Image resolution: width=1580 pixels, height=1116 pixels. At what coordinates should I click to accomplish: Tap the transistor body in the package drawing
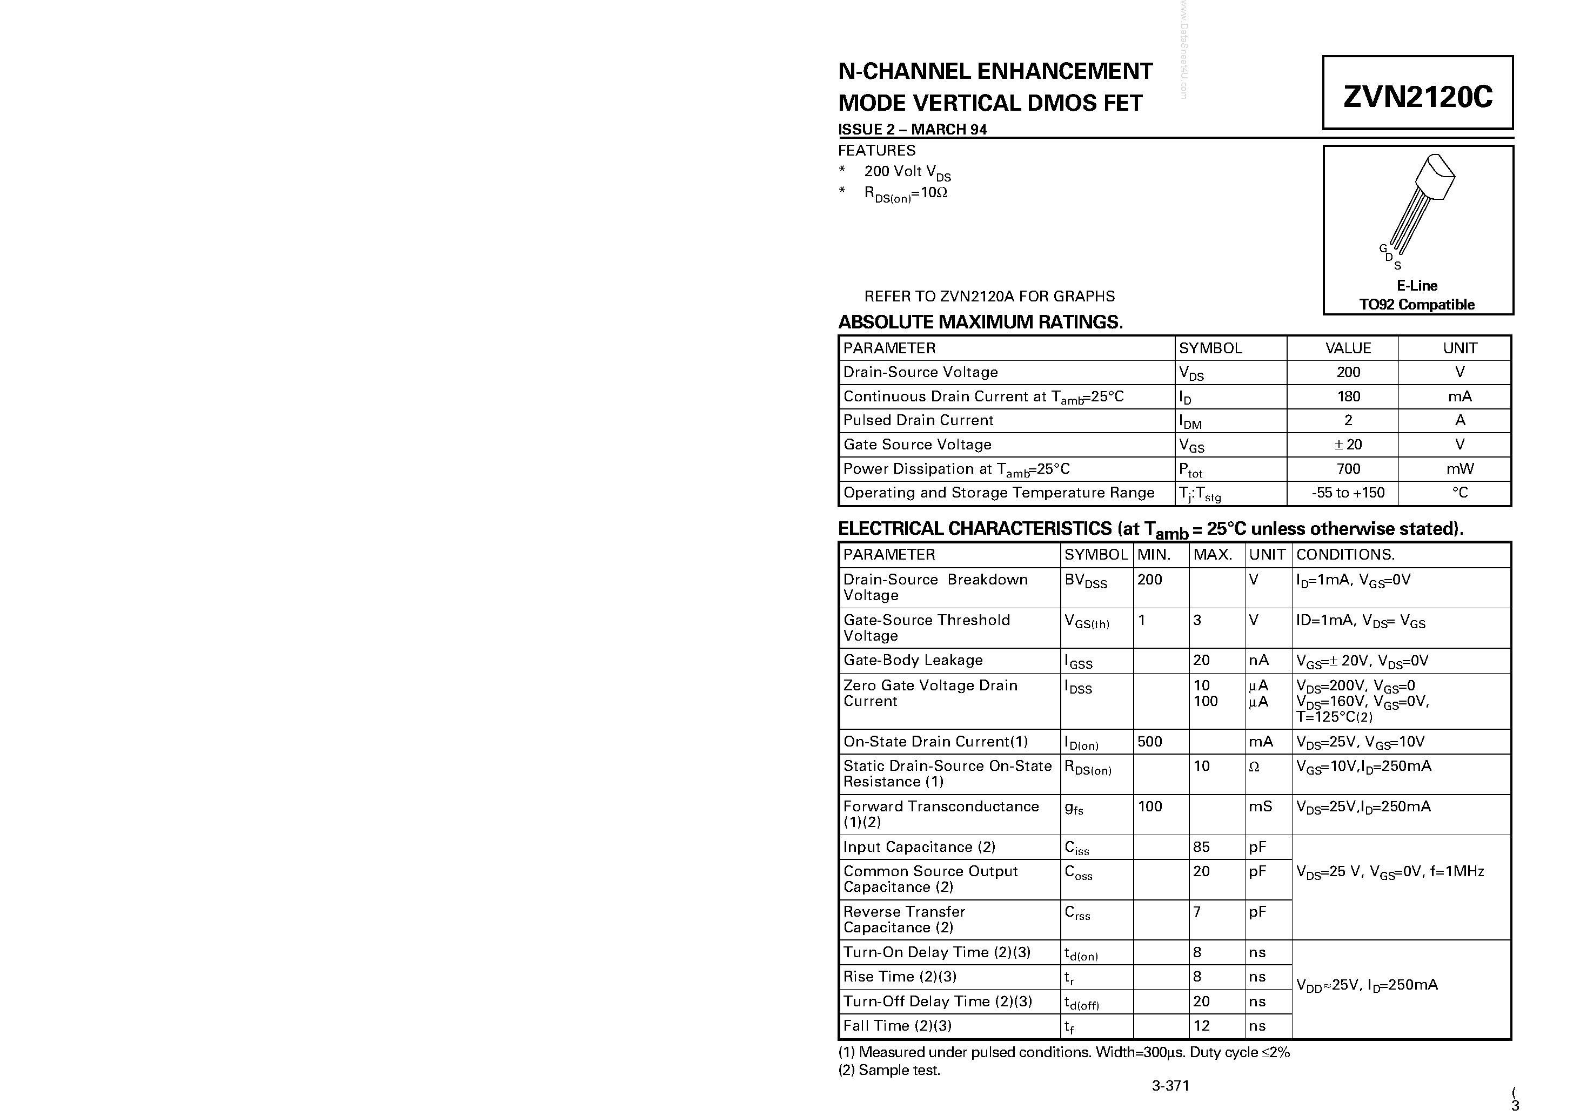pyautogui.click(x=1435, y=176)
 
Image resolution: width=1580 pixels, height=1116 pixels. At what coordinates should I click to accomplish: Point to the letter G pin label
pyautogui.click(x=1382, y=248)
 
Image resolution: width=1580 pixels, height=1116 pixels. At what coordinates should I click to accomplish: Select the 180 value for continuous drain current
pyautogui.click(x=1348, y=396)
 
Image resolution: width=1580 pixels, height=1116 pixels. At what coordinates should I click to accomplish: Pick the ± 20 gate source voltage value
pyautogui.click(x=1348, y=445)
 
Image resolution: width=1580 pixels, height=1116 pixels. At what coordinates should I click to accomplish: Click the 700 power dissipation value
pyautogui.click(x=1348, y=468)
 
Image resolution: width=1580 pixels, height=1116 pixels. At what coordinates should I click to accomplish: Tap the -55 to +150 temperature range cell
pyautogui.click(x=1348, y=493)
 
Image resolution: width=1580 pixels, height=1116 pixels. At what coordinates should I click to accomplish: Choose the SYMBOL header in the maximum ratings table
pyautogui.click(x=1210, y=348)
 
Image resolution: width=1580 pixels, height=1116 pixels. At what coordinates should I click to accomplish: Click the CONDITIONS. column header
pyautogui.click(x=1345, y=555)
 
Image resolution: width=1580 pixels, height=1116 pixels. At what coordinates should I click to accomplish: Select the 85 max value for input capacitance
pyautogui.click(x=1202, y=847)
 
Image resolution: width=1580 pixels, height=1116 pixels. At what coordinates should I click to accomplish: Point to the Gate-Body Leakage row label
pyautogui.click(x=913, y=660)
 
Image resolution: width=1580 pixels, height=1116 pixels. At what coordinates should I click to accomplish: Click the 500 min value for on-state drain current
pyautogui.click(x=1150, y=741)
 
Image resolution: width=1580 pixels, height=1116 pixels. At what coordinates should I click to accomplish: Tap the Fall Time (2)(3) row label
pyautogui.click(x=898, y=1025)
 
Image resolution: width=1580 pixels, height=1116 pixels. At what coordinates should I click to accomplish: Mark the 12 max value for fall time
pyautogui.click(x=1202, y=1025)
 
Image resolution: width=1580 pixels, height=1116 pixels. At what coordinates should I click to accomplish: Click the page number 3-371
pyautogui.click(x=1170, y=1086)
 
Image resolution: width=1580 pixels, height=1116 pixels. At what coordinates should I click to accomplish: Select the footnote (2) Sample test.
pyautogui.click(x=889, y=1070)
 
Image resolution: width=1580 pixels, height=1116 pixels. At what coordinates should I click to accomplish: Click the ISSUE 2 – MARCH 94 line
pyautogui.click(x=913, y=129)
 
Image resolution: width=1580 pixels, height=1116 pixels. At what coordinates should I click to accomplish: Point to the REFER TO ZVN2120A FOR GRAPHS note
pyautogui.click(x=989, y=296)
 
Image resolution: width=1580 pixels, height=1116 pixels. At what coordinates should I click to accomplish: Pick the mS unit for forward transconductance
pyautogui.click(x=1261, y=806)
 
